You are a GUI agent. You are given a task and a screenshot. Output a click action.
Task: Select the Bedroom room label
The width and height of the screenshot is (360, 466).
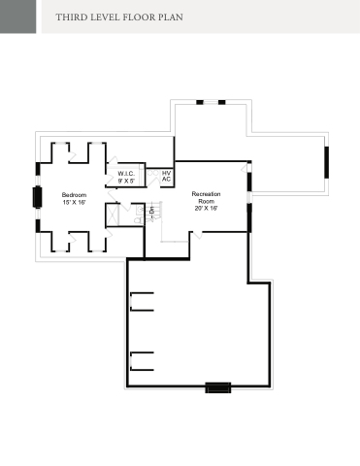[x=74, y=195]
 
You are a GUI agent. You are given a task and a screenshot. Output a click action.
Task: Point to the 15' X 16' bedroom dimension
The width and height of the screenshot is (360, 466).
[x=74, y=202]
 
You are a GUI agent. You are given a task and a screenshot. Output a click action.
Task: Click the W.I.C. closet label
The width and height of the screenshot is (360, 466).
[x=126, y=174]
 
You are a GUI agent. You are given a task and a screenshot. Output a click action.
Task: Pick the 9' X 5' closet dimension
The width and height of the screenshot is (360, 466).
[x=126, y=181]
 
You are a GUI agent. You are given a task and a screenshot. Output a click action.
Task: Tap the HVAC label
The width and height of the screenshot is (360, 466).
[x=166, y=176]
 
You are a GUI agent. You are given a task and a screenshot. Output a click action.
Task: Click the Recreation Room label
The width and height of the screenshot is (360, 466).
[x=206, y=197]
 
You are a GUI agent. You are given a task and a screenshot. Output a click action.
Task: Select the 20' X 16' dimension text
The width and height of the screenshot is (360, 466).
[x=206, y=208]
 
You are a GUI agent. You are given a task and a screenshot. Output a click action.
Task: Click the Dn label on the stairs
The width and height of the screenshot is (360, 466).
[x=151, y=210]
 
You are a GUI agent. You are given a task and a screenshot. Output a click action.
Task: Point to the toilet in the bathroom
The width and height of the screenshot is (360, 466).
[x=139, y=220]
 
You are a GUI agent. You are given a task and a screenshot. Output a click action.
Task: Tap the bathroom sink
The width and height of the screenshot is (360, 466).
[x=140, y=210]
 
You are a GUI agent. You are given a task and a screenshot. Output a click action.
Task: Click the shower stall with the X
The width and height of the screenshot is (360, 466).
[x=113, y=214]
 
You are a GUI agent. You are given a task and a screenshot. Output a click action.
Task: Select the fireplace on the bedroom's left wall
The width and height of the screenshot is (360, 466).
[x=37, y=197]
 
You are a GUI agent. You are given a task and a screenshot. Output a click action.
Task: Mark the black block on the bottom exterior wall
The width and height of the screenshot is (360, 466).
[x=218, y=387]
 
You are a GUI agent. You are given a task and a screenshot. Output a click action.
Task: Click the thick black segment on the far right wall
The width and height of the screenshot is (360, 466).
[x=327, y=162]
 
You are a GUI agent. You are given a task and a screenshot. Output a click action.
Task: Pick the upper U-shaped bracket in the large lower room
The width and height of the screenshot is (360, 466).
[x=142, y=302]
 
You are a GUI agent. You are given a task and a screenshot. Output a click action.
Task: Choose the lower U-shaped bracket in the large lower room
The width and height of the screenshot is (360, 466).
[x=142, y=361]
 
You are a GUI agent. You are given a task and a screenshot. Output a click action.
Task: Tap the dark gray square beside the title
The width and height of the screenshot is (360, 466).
[x=17, y=17]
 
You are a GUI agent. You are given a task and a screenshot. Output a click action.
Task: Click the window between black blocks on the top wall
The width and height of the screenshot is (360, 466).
[x=211, y=102]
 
